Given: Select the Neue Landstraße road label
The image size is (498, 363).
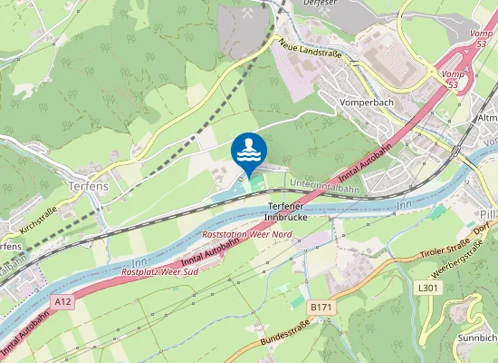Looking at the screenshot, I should click(x=310, y=51).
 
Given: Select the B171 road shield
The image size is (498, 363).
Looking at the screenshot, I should click(x=321, y=308).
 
